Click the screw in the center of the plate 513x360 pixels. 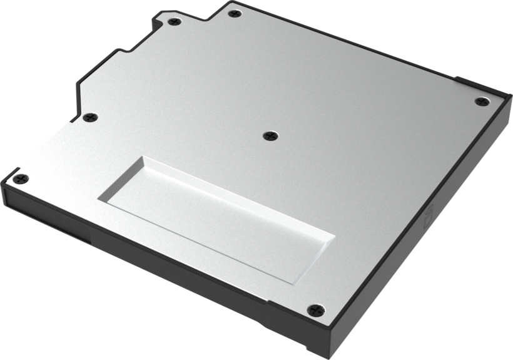[270, 135]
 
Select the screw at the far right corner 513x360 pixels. [480, 101]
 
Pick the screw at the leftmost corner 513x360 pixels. [21, 178]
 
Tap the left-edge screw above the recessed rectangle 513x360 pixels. [91, 117]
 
